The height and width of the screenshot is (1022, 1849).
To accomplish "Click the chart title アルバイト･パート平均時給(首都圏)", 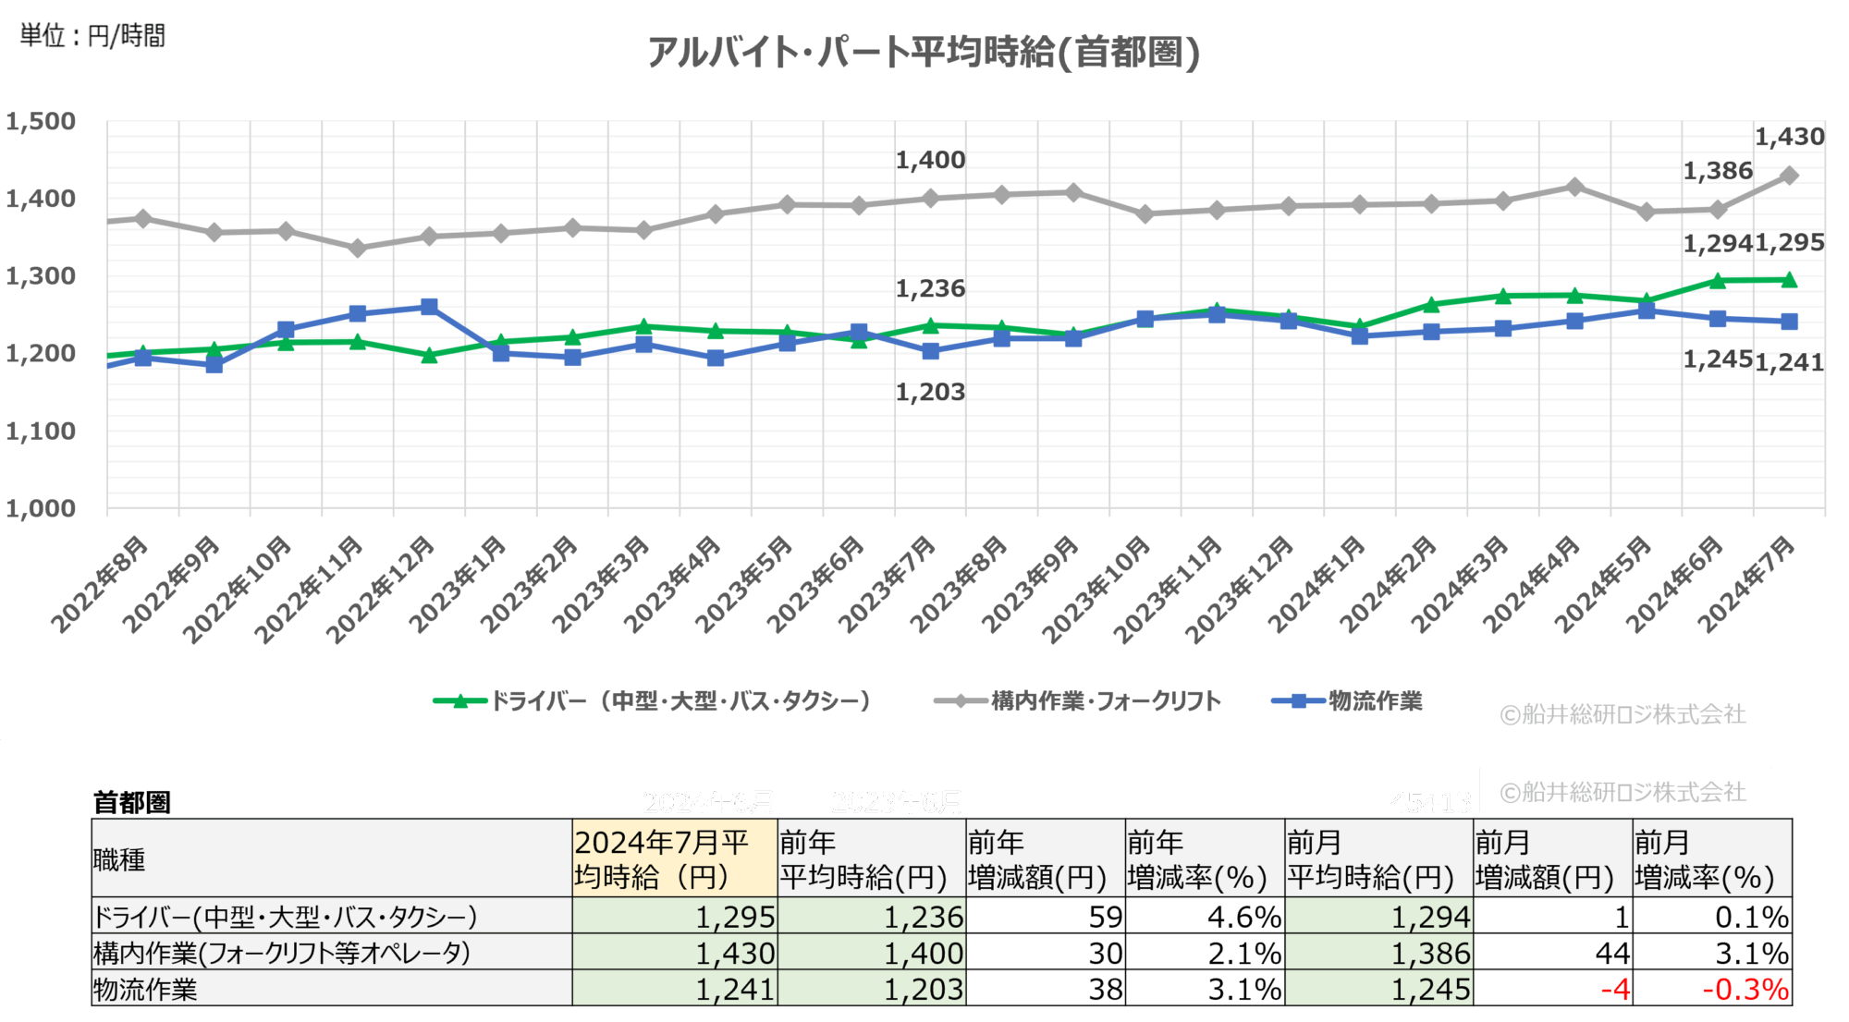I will [x=923, y=52].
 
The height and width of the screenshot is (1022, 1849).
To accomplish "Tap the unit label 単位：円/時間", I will [x=92, y=36].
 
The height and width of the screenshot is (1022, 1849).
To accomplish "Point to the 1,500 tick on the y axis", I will [x=41, y=121].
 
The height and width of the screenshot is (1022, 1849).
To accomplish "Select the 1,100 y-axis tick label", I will [x=41, y=431].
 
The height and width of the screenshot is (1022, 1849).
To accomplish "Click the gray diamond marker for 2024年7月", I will [x=1789, y=176].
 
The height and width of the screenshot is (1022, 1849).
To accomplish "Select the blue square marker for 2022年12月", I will [x=429, y=307].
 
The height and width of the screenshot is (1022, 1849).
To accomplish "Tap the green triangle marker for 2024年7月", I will [x=1789, y=279].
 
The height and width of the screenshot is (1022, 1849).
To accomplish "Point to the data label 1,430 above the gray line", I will [x=1789, y=137].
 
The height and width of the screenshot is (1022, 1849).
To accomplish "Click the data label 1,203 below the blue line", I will [x=929, y=392].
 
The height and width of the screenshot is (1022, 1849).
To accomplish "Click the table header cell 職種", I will [x=120, y=860].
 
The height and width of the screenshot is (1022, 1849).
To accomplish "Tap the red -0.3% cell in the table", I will [x=1745, y=990].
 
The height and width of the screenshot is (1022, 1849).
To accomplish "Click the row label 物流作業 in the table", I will [x=145, y=990].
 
